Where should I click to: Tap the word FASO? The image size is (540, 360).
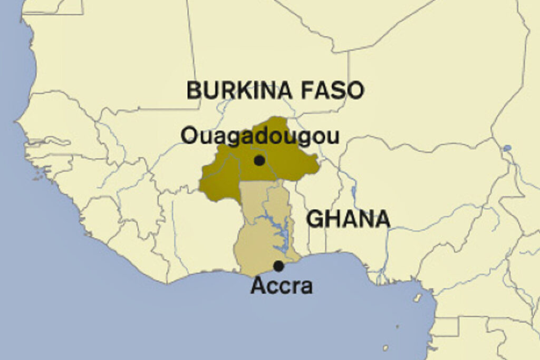point(333,91)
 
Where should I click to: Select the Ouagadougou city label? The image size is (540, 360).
point(259,136)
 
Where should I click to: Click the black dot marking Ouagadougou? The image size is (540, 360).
point(259,161)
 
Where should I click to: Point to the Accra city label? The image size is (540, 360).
point(282,286)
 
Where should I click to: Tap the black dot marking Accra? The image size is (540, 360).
point(278,266)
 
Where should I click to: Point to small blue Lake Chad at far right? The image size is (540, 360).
point(507,149)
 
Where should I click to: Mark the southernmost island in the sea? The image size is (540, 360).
point(385,348)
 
